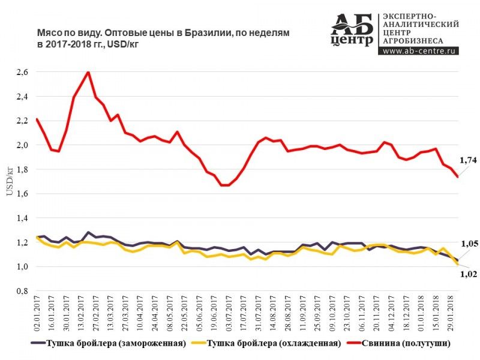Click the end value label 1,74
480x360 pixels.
[467, 160]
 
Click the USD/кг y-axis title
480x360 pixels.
[9, 180]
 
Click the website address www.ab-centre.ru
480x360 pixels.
[419, 51]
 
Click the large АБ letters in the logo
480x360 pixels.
[352, 24]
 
